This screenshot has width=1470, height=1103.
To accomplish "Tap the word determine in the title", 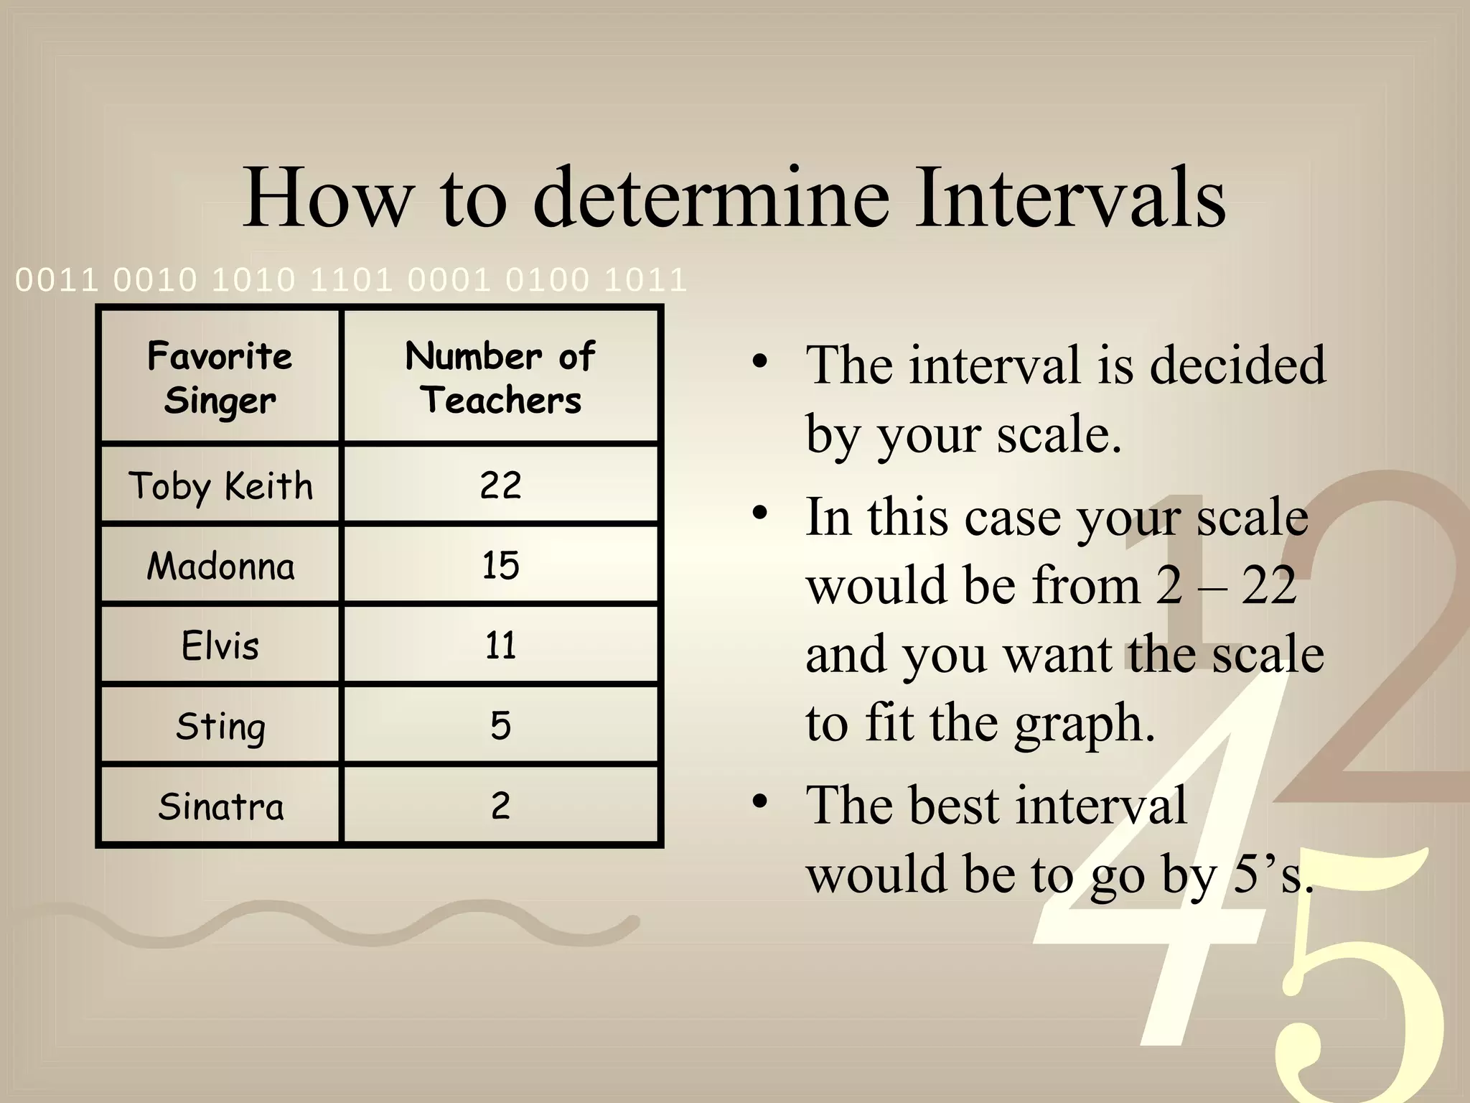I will click(712, 197).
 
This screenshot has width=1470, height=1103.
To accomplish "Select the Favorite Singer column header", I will click(220, 378).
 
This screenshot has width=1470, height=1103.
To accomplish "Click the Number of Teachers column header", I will click(500, 378).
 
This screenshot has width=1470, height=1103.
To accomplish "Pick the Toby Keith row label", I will click(220, 486).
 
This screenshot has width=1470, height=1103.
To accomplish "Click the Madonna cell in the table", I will click(220, 566).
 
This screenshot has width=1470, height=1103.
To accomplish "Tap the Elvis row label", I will click(220, 646).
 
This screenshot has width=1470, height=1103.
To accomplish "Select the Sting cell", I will click(220, 726).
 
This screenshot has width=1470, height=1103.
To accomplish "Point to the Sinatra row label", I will click(220, 806).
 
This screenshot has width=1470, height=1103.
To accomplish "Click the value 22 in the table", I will click(500, 485).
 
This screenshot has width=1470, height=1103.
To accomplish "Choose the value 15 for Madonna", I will click(500, 566).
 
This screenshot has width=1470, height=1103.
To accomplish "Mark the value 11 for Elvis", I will click(500, 646).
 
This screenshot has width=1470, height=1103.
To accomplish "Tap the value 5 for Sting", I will click(500, 725).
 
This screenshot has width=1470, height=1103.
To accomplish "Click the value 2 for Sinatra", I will click(500, 806).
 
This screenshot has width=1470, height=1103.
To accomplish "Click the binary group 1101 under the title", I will click(351, 279).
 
